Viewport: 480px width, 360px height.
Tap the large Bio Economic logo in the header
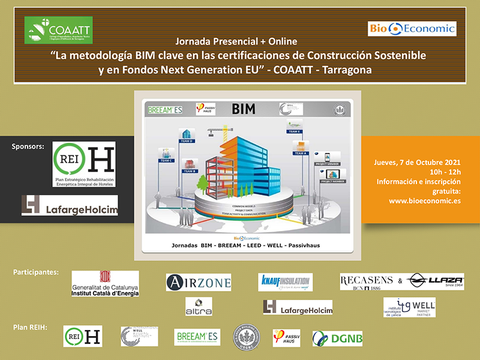click(x=412, y=28)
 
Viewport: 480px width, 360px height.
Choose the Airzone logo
click(x=198, y=282)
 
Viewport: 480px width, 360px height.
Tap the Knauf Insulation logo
click(x=286, y=282)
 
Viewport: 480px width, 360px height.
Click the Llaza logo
click(x=434, y=281)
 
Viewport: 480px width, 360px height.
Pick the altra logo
click(x=198, y=306)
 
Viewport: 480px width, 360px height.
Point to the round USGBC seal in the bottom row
click(x=246, y=336)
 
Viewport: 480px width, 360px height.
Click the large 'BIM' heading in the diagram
click(x=244, y=109)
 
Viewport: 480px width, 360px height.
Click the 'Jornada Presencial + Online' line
click(x=237, y=43)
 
